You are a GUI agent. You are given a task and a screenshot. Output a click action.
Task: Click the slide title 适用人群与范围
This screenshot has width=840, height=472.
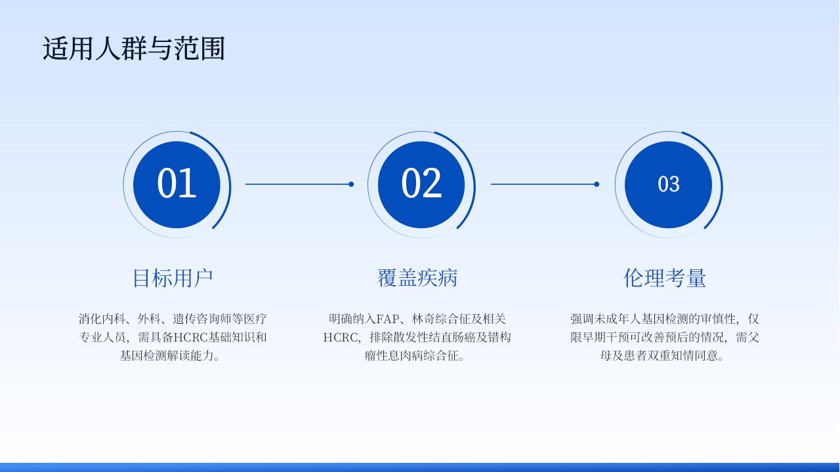click(134, 49)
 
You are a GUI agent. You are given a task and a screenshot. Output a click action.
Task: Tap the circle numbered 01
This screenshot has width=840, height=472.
click(177, 184)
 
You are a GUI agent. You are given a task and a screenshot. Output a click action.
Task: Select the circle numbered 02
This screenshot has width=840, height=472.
click(421, 184)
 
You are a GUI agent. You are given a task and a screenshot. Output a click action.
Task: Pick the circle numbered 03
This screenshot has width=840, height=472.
click(668, 184)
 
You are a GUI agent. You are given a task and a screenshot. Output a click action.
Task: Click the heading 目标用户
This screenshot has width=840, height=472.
click(173, 278)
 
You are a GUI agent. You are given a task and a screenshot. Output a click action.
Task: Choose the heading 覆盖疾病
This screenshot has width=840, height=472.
click(417, 278)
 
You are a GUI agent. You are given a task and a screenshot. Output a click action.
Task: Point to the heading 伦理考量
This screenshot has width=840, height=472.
click(665, 278)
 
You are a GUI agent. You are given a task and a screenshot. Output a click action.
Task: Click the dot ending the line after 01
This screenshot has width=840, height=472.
click(351, 184)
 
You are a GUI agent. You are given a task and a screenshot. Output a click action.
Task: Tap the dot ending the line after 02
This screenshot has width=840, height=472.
click(597, 184)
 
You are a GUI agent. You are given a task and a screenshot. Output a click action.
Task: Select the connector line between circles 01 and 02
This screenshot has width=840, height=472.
click(299, 184)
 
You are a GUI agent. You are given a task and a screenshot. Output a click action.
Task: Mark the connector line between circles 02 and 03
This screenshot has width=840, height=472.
click(544, 184)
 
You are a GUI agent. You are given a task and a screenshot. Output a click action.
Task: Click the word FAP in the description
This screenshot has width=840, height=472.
click(387, 319)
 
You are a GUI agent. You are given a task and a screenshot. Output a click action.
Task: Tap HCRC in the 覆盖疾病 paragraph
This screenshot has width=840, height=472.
click(340, 338)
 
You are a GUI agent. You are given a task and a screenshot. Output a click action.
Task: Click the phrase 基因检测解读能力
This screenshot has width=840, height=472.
click(167, 355)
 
